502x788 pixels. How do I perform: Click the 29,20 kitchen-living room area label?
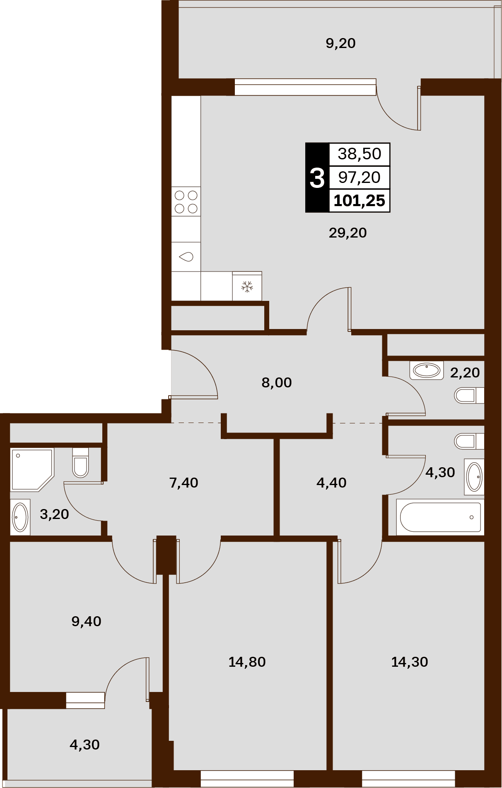pos(348,233)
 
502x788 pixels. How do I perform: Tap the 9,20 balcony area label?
pos(340,43)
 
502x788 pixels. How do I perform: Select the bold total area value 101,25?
pos(360,201)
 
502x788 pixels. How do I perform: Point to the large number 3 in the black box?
pos(317,178)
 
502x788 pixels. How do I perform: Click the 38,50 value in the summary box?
pos(360,154)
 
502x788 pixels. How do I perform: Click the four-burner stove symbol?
pos(186,202)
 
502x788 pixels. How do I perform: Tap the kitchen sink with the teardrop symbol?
pos(186,257)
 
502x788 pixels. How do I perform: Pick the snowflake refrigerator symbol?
pos(247,286)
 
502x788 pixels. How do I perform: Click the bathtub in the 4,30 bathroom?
pos(440,517)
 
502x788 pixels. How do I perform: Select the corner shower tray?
pos(32,470)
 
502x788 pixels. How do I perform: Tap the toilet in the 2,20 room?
pos(469,395)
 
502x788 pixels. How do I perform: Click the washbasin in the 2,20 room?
pos(427,370)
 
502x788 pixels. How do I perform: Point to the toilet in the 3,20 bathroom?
pos(81,463)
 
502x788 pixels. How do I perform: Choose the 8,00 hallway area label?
pos(277,383)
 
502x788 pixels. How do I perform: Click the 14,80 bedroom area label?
pos(247,662)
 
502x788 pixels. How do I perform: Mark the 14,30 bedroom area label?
pos(410,662)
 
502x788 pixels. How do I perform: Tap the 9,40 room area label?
pos(86,622)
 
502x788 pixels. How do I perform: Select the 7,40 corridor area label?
pos(183,483)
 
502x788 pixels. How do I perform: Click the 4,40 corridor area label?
pos(331,483)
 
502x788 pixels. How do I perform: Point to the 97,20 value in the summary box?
pos(360,178)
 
